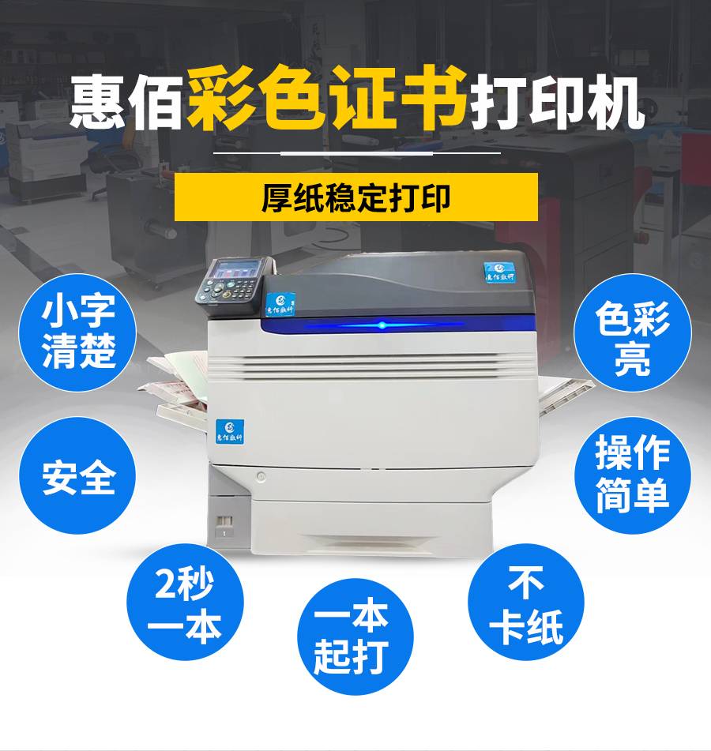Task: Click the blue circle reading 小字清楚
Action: (x=77, y=332)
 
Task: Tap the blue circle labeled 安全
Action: (x=77, y=475)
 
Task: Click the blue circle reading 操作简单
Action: (x=633, y=475)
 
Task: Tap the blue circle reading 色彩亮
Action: (x=633, y=332)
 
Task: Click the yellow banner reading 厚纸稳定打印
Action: (x=356, y=197)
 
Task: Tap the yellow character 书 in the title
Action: (x=434, y=97)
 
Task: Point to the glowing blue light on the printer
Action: (x=382, y=325)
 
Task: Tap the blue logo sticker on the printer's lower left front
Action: (x=229, y=431)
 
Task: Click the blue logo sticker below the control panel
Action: (x=280, y=304)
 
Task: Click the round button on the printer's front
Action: (x=261, y=476)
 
